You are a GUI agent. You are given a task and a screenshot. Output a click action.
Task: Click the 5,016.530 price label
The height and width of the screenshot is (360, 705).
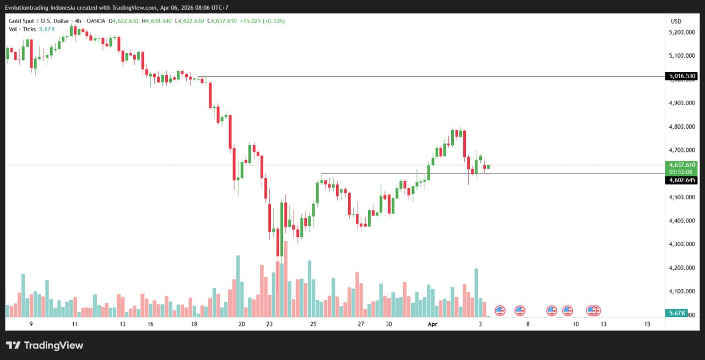tap(681, 76)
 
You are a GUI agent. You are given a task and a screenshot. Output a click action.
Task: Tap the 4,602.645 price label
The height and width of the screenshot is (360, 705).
tap(681, 180)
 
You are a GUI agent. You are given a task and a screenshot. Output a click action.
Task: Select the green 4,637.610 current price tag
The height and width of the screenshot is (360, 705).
tap(681, 165)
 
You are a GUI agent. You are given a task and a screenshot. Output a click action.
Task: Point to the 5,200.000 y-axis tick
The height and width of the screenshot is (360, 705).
tap(681, 32)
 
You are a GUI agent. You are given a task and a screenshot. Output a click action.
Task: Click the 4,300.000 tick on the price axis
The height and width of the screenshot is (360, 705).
tap(681, 244)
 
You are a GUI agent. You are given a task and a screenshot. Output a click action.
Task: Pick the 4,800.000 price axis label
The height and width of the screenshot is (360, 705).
tap(681, 127)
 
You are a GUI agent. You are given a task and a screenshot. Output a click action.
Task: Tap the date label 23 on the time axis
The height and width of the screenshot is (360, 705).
tap(269, 324)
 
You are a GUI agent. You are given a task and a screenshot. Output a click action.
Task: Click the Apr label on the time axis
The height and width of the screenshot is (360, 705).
tap(432, 324)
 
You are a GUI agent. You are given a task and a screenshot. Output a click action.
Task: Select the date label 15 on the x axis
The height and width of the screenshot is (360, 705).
tap(647, 324)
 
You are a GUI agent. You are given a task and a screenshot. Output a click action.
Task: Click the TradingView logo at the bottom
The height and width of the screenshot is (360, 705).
tap(45, 346)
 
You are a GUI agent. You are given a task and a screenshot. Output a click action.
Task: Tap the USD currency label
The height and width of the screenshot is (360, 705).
tap(676, 21)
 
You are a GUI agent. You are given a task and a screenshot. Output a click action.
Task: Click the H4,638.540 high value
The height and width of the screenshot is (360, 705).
tap(157, 21)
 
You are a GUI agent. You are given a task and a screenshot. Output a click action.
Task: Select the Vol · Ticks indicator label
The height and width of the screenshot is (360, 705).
tap(22, 29)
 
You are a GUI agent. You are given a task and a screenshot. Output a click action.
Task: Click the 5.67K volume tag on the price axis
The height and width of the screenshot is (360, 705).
tap(676, 313)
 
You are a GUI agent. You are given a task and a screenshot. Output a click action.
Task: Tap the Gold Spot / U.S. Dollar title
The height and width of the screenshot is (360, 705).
tap(39, 21)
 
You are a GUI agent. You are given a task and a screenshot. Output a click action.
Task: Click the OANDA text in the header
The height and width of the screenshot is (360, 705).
tap(95, 21)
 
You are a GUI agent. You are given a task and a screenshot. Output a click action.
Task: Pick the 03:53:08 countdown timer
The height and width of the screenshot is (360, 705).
tap(681, 172)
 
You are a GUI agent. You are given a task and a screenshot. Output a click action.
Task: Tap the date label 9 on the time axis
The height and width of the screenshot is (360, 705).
tap(31, 324)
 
